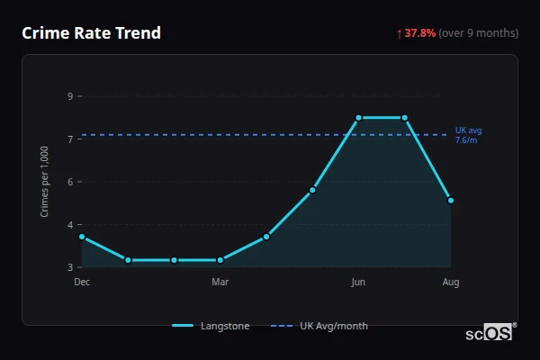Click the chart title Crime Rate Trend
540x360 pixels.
pyautogui.click(x=91, y=33)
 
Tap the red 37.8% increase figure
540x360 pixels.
pyautogui.click(x=419, y=33)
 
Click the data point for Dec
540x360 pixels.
pyautogui.click(x=82, y=237)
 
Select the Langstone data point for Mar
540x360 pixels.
pyautogui.click(x=220, y=260)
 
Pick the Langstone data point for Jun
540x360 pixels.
pyautogui.click(x=358, y=118)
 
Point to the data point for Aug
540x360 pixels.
pyautogui.click(x=451, y=200)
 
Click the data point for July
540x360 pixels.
pyautogui.click(x=405, y=118)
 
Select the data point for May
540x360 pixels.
pyautogui.click(x=312, y=190)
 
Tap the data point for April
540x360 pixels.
pyautogui.click(x=266, y=237)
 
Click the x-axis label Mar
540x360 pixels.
pyautogui.click(x=220, y=283)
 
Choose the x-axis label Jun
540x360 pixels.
pyautogui.click(x=358, y=283)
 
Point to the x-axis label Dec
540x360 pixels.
pyautogui.click(x=82, y=283)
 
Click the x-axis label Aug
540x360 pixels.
pyautogui.click(x=451, y=283)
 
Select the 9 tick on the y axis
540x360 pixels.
pyautogui.click(x=70, y=96)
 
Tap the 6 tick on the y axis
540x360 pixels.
pyautogui.click(x=70, y=182)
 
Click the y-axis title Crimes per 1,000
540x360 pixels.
pyautogui.click(x=44, y=182)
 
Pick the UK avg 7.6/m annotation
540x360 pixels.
pyautogui.click(x=468, y=135)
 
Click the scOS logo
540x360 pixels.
pyautogui.click(x=490, y=333)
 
